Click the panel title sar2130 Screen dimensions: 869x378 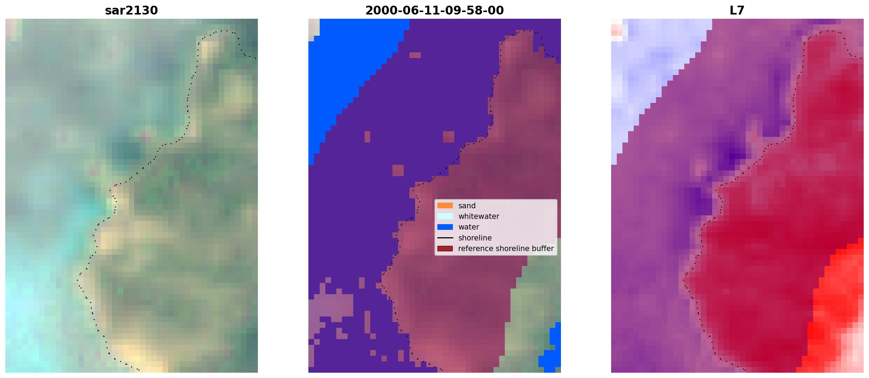(131, 10)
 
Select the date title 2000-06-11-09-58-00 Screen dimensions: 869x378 (434, 10)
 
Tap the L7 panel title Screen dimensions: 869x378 (737, 10)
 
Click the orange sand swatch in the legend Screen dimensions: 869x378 (445, 205)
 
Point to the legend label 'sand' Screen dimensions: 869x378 (467, 206)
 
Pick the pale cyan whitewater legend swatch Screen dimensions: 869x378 (445, 216)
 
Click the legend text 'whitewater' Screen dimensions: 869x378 (479, 216)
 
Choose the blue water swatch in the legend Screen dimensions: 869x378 (445, 227)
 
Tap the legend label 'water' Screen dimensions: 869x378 (469, 227)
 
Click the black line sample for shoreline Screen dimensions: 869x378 (445, 238)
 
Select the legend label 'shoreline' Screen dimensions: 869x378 (475, 238)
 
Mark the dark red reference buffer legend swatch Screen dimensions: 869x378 (445, 249)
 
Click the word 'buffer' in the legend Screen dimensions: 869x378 (543, 249)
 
